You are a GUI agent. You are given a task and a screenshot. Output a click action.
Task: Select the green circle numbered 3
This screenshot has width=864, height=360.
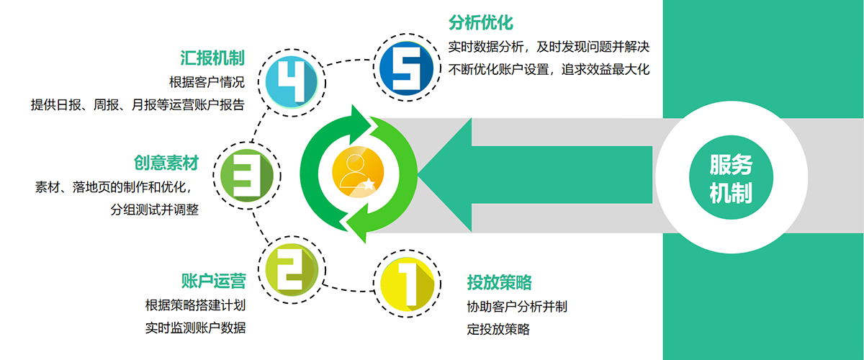click(247, 171)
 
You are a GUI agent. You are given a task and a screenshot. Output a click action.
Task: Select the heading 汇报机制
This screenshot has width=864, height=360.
click(212, 58)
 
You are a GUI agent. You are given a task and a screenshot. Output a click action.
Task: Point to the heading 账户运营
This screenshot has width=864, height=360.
click(213, 280)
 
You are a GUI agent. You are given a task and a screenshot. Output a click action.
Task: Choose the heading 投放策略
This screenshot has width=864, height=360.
click(499, 282)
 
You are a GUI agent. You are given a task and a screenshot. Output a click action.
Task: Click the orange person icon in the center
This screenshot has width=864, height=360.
click(357, 173)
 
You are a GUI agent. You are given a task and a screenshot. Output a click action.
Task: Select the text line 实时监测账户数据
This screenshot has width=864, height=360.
click(196, 328)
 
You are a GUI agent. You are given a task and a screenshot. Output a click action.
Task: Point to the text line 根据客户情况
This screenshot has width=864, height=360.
click(207, 81)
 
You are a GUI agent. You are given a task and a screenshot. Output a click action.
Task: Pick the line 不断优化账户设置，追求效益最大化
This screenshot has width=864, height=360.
click(549, 70)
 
